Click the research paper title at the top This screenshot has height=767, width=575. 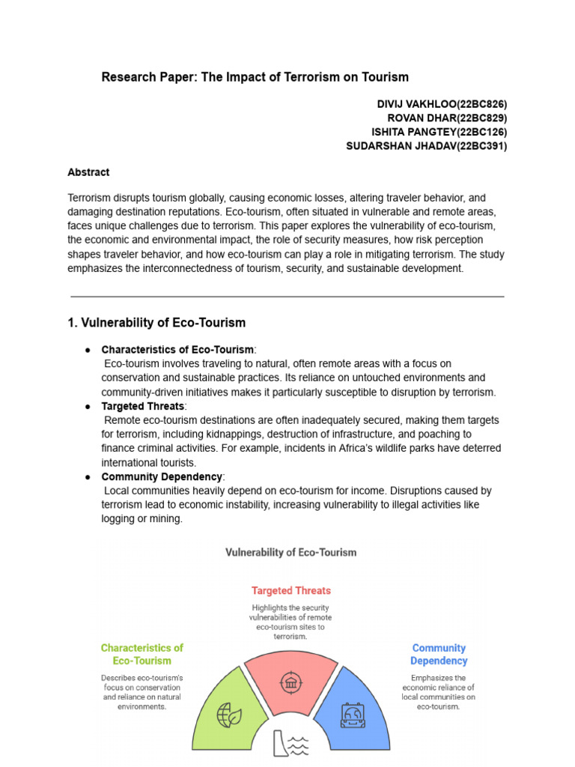click(255, 77)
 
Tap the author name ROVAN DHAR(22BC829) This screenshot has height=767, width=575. click(447, 118)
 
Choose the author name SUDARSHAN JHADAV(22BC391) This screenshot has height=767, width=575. click(426, 146)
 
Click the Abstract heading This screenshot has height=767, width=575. click(88, 172)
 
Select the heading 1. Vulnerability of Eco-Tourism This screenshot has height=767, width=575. click(156, 323)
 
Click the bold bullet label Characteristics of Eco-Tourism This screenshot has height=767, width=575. click(177, 350)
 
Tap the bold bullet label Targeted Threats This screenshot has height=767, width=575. click(142, 406)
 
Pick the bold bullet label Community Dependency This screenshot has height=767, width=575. click(161, 476)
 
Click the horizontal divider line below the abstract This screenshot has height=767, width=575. click(287, 297)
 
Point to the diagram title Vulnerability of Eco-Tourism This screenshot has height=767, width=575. click(291, 552)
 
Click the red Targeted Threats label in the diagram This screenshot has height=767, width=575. click(290, 590)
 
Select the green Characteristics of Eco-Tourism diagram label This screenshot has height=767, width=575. click(142, 654)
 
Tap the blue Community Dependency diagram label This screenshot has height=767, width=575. click(439, 654)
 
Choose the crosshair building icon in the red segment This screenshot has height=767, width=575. click(290, 683)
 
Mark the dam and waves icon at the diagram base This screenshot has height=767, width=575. click(290, 745)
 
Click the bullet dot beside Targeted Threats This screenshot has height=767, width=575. click(88, 406)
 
